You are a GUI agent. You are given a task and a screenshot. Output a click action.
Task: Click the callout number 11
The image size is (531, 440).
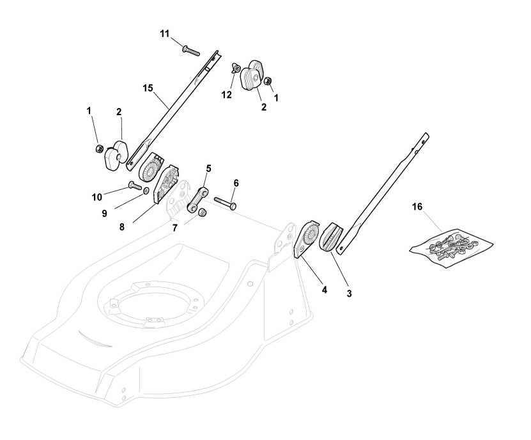pyautogui.click(x=165, y=33)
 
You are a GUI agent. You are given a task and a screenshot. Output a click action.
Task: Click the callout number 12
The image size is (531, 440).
pyautogui.click(x=226, y=95)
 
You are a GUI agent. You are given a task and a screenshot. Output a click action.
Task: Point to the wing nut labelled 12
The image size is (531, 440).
pyautogui.click(x=237, y=68)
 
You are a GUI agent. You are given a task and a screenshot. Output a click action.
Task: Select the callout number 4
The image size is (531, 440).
pyautogui.click(x=324, y=290)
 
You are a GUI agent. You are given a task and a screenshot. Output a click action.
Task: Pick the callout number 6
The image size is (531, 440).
pyautogui.click(x=236, y=183)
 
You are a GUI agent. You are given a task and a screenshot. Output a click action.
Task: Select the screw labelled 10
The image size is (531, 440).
pyautogui.click(x=135, y=185)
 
